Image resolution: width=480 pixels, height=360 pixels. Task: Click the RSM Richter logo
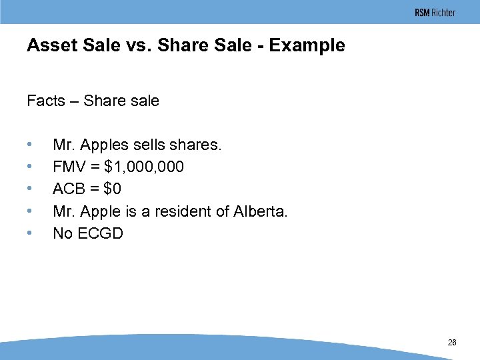click(x=435, y=13)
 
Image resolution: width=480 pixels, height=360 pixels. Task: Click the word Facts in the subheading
click(x=46, y=101)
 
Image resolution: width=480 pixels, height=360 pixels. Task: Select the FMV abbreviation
click(x=69, y=167)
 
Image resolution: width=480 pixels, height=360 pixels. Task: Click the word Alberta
click(x=261, y=211)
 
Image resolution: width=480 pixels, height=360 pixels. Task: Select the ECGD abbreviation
click(x=101, y=233)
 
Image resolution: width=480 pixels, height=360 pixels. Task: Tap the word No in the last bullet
click(x=63, y=233)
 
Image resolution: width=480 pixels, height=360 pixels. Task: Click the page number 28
click(x=452, y=342)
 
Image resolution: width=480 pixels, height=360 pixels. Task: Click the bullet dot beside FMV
click(x=29, y=167)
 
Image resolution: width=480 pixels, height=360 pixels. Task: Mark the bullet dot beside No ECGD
click(x=29, y=233)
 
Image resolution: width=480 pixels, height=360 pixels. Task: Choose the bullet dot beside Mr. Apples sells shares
click(x=29, y=145)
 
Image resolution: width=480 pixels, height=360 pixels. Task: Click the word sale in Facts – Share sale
click(x=145, y=101)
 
